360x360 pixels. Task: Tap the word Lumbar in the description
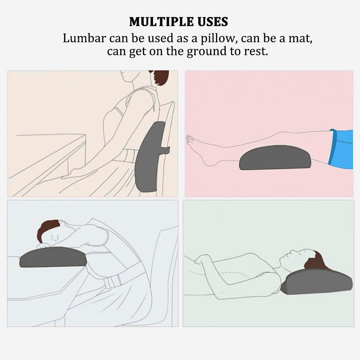(x=84, y=38)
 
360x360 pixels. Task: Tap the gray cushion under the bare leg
(x=275, y=158)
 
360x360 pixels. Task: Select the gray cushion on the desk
(x=53, y=257)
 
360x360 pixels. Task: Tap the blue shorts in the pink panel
(x=341, y=149)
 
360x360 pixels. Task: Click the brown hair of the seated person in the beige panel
(x=161, y=77)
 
